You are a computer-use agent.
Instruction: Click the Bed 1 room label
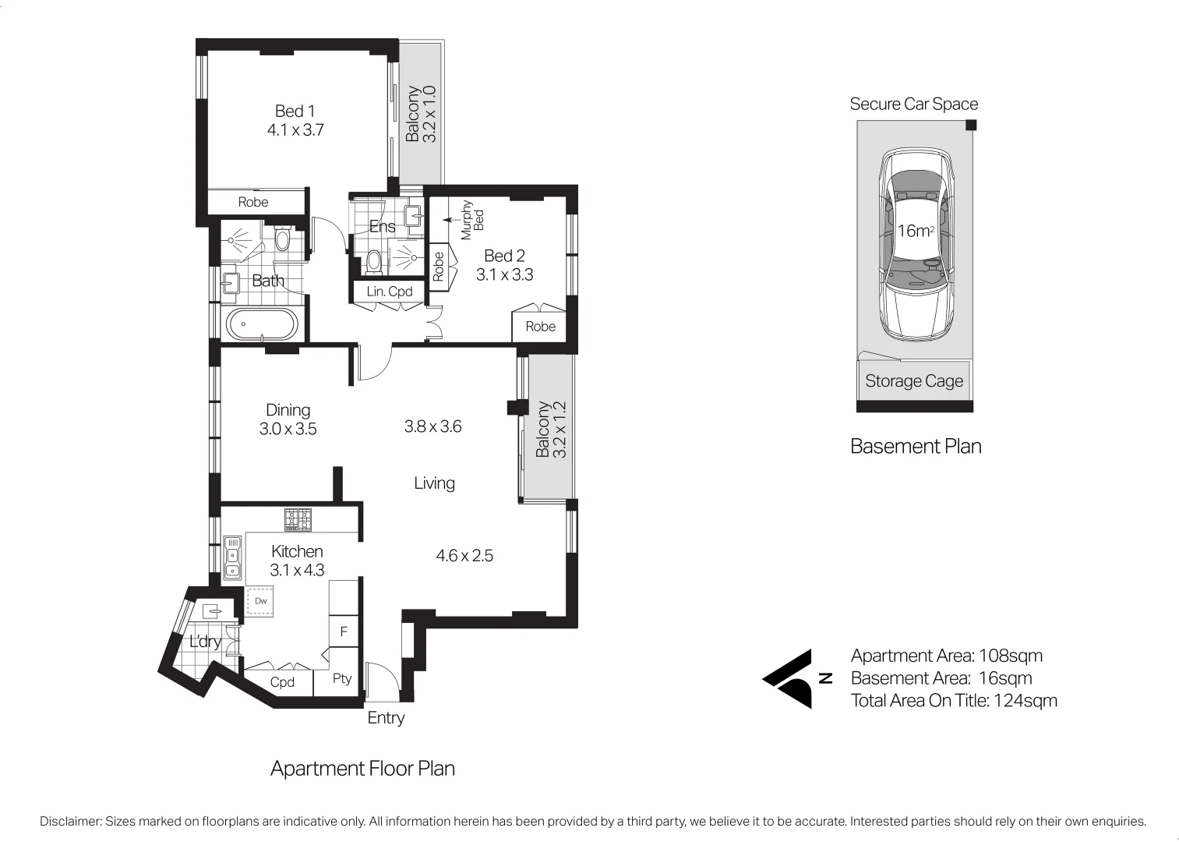coord(295,111)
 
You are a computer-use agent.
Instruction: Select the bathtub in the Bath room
coord(261,324)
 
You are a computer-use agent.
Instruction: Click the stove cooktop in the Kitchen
coord(298,519)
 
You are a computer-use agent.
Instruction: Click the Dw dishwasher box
coord(260,601)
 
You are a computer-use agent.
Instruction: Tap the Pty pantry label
coord(342,678)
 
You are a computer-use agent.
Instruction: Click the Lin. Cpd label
coord(389,292)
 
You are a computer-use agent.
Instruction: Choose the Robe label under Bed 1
coord(252,202)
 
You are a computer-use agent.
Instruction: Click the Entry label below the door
coord(386,717)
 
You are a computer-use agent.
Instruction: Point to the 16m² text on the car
coord(915,231)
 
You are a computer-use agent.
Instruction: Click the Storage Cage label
coord(914,381)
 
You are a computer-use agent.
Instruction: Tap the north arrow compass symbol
coord(791,678)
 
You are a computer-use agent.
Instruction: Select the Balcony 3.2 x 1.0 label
coord(421,114)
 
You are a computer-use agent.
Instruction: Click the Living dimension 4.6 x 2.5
coord(464,556)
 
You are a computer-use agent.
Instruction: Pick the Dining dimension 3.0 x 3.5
coord(288,428)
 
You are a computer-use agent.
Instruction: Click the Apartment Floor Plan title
coord(362,769)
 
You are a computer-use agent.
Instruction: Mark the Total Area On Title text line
coord(954,700)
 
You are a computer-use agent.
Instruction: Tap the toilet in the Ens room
coord(375,260)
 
